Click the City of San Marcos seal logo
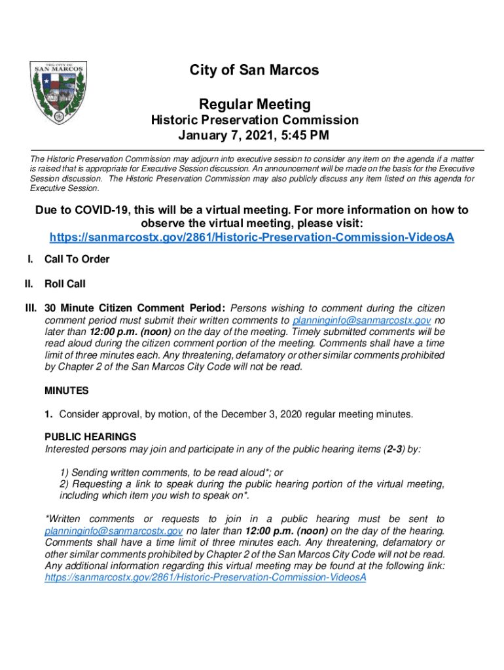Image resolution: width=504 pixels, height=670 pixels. point(58,93)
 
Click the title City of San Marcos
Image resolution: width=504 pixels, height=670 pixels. point(255,70)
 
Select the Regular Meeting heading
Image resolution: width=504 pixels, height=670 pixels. point(255,104)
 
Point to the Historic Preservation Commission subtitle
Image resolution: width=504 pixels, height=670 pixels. point(255,120)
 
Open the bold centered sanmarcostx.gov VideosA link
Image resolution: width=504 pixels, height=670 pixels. point(251,236)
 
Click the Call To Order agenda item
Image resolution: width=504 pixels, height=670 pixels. point(77,259)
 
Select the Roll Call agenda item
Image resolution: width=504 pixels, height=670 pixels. point(65,284)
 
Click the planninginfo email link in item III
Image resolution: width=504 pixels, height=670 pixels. point(361,321)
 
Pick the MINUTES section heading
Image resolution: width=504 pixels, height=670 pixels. point(66,391)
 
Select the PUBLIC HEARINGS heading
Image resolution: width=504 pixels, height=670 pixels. point(90,436)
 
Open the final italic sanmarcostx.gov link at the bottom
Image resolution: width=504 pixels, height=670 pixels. point(205,578)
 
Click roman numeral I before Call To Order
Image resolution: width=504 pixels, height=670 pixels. point(30,259)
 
